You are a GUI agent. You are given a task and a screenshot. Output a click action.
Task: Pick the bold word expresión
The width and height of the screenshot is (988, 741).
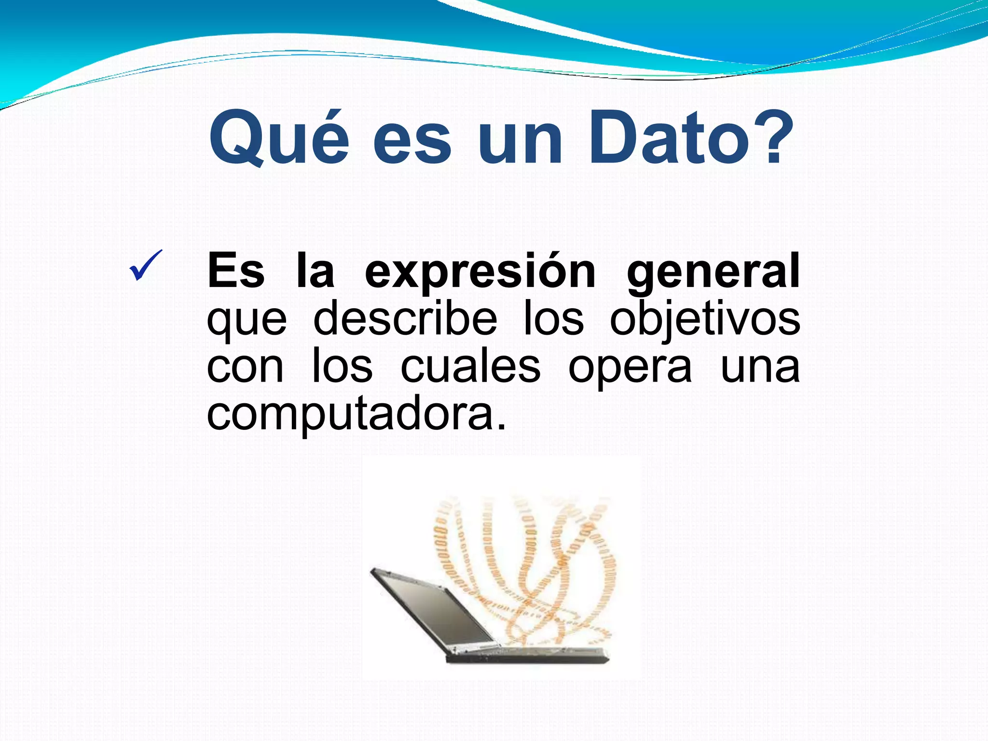coord(480,272)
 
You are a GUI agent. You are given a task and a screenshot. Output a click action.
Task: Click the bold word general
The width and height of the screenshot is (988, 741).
coord(713,272)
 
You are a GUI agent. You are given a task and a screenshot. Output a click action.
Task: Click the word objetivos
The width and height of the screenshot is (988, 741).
coord(705,319)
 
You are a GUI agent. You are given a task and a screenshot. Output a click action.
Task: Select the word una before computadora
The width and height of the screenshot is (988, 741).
coord(760,368)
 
